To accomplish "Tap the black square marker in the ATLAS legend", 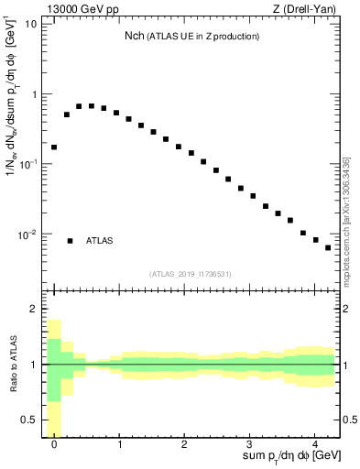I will pos(70,241).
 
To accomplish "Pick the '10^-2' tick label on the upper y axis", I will pos(28,234).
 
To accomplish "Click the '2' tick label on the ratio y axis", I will pos(34,310).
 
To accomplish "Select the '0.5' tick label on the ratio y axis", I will pos(29,420).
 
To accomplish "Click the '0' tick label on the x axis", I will pos(54,442).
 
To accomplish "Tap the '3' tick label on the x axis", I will pos(249,442).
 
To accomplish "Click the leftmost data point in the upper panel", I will pos(54,147).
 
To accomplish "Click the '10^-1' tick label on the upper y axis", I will pos(28,164).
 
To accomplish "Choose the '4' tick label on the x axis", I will pos(314,442).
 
